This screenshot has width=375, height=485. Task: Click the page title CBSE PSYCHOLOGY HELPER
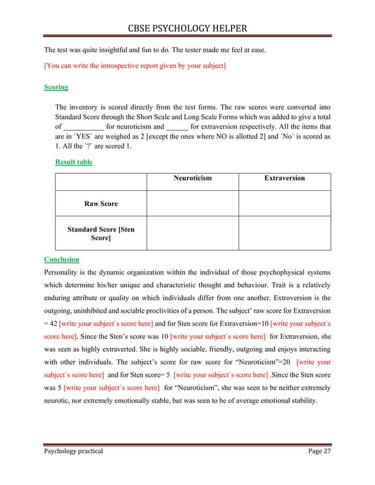[x=187, y=28]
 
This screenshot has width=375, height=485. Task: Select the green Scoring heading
[x=56, y=87]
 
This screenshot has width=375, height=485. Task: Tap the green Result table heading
[x=73, y=162]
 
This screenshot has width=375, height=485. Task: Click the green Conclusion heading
[x=62, y=259]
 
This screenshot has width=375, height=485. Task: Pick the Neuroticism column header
[x=192, y=178]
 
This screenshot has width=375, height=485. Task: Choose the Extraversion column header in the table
[x=284, y=178]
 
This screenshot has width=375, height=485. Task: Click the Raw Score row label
[x=101, y=204]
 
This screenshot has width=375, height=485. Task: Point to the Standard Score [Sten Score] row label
[x=101, y=234]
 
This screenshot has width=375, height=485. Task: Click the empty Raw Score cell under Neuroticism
[x=192, y=204]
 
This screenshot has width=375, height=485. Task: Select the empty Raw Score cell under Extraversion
[x=284, y=204]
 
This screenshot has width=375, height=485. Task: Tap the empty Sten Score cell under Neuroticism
[x=192, y=234]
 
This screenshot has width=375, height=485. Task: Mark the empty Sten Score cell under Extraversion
[x=284, y=234]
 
